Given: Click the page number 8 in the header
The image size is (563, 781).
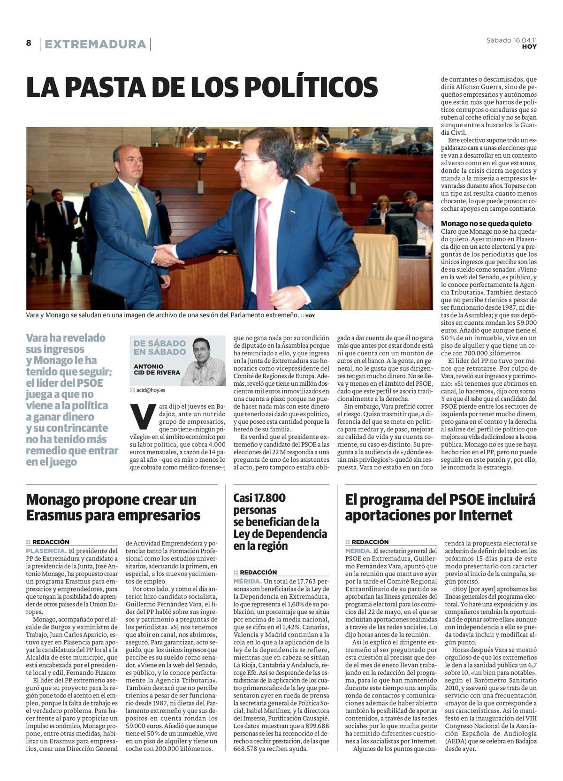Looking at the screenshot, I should tap(29, 43).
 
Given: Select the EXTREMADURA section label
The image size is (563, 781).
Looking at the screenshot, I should tap(95, 44).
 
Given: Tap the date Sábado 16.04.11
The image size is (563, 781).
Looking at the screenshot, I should tap(511, 40).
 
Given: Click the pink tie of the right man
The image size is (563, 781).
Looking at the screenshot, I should tap(264, 253).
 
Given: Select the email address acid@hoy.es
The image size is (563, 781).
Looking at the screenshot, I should tap(150, 390).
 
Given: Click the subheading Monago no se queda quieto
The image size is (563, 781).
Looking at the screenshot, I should tap(486, 223).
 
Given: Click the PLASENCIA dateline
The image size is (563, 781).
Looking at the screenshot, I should tap(46, 551).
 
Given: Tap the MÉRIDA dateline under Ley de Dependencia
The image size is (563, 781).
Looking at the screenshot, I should tap(247, 581).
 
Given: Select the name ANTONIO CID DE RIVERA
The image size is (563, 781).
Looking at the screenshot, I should tap(157, 369).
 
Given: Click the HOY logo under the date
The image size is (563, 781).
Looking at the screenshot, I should tap(529, 47).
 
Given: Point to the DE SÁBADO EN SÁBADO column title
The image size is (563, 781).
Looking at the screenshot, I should tap(160, 347).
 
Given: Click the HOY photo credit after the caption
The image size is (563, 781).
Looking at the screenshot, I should tap(310, 316).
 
